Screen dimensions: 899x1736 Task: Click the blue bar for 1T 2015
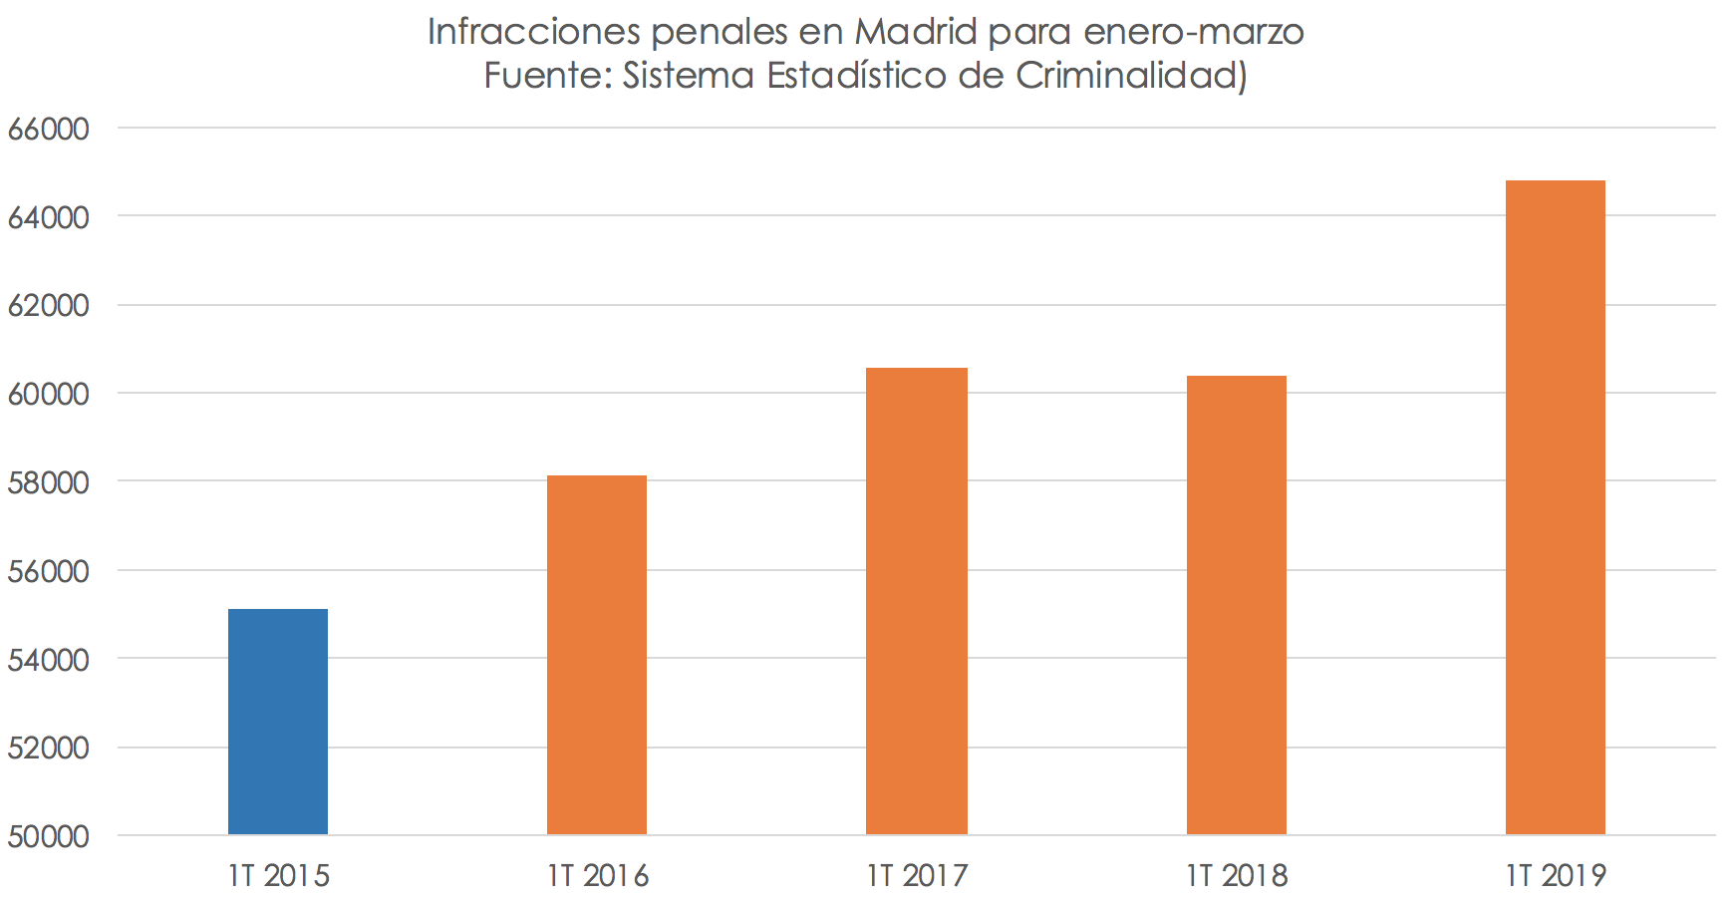tap(278, 722)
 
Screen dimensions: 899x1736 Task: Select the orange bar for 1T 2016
tap(597, 655)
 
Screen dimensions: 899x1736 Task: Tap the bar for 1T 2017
tap(916, 601)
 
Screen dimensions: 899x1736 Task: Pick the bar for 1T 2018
tap(1236, 605)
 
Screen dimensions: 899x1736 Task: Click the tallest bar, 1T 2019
tap(1555, 507)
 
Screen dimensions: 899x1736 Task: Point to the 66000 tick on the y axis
tap(48, 129)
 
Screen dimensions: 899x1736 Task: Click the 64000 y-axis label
tap(48, 217)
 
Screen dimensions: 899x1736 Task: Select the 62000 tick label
tap(48, 306)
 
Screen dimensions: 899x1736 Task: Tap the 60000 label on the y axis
tap(48, 394)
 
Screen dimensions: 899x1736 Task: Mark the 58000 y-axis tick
tap(48, 482)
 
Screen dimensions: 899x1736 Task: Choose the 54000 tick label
tap(48, 660)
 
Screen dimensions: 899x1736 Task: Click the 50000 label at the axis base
tap(48, 836)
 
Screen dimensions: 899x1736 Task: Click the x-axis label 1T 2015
tap(278, 875)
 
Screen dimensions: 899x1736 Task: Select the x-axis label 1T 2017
tap(917, 875)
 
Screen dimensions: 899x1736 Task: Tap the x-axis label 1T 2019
tap(1556, 875)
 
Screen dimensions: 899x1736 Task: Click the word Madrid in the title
tap(916, 32)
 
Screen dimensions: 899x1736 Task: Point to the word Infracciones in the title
tap(533, 32)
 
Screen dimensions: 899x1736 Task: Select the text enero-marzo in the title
tap(1193, 32)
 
